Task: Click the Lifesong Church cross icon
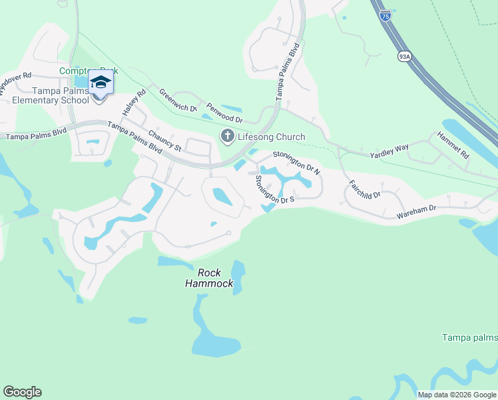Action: tap(227, 137)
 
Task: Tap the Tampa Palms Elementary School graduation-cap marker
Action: tap(101, 83)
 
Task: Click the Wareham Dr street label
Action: tap(416, 212)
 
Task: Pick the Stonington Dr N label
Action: tap(296, 163)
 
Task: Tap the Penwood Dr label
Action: tap(224, 112)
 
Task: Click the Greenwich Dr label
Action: tap(178, 100)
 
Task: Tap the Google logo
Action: tap(22, 392)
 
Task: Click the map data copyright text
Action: tap(457, 395)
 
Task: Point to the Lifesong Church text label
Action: tap(272, 137)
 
